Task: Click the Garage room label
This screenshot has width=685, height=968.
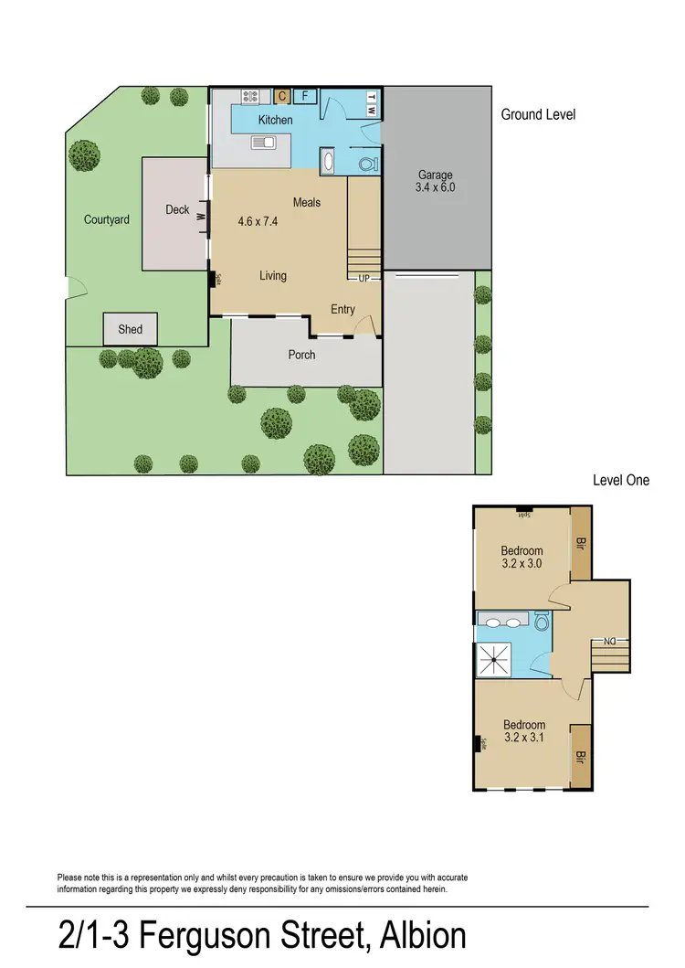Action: click(435, 176)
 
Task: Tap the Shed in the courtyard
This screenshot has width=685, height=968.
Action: click(130, 329)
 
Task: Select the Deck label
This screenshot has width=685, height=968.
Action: click(177, 210)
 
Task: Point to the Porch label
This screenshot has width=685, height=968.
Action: click(301, 355)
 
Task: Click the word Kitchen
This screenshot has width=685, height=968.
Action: click(275, 120)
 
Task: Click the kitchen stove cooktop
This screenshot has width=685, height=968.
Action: click(252, 96)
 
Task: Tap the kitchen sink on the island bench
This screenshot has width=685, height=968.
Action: click(263, 143)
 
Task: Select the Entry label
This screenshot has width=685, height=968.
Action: click(342, 310)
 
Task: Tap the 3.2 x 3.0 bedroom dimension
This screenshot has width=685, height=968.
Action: click(522, 564)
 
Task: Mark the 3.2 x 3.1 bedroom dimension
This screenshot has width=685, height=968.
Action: click(523, 739)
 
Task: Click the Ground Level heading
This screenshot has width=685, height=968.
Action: click(538, 115)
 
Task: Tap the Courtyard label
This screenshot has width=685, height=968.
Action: click(107, 219)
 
